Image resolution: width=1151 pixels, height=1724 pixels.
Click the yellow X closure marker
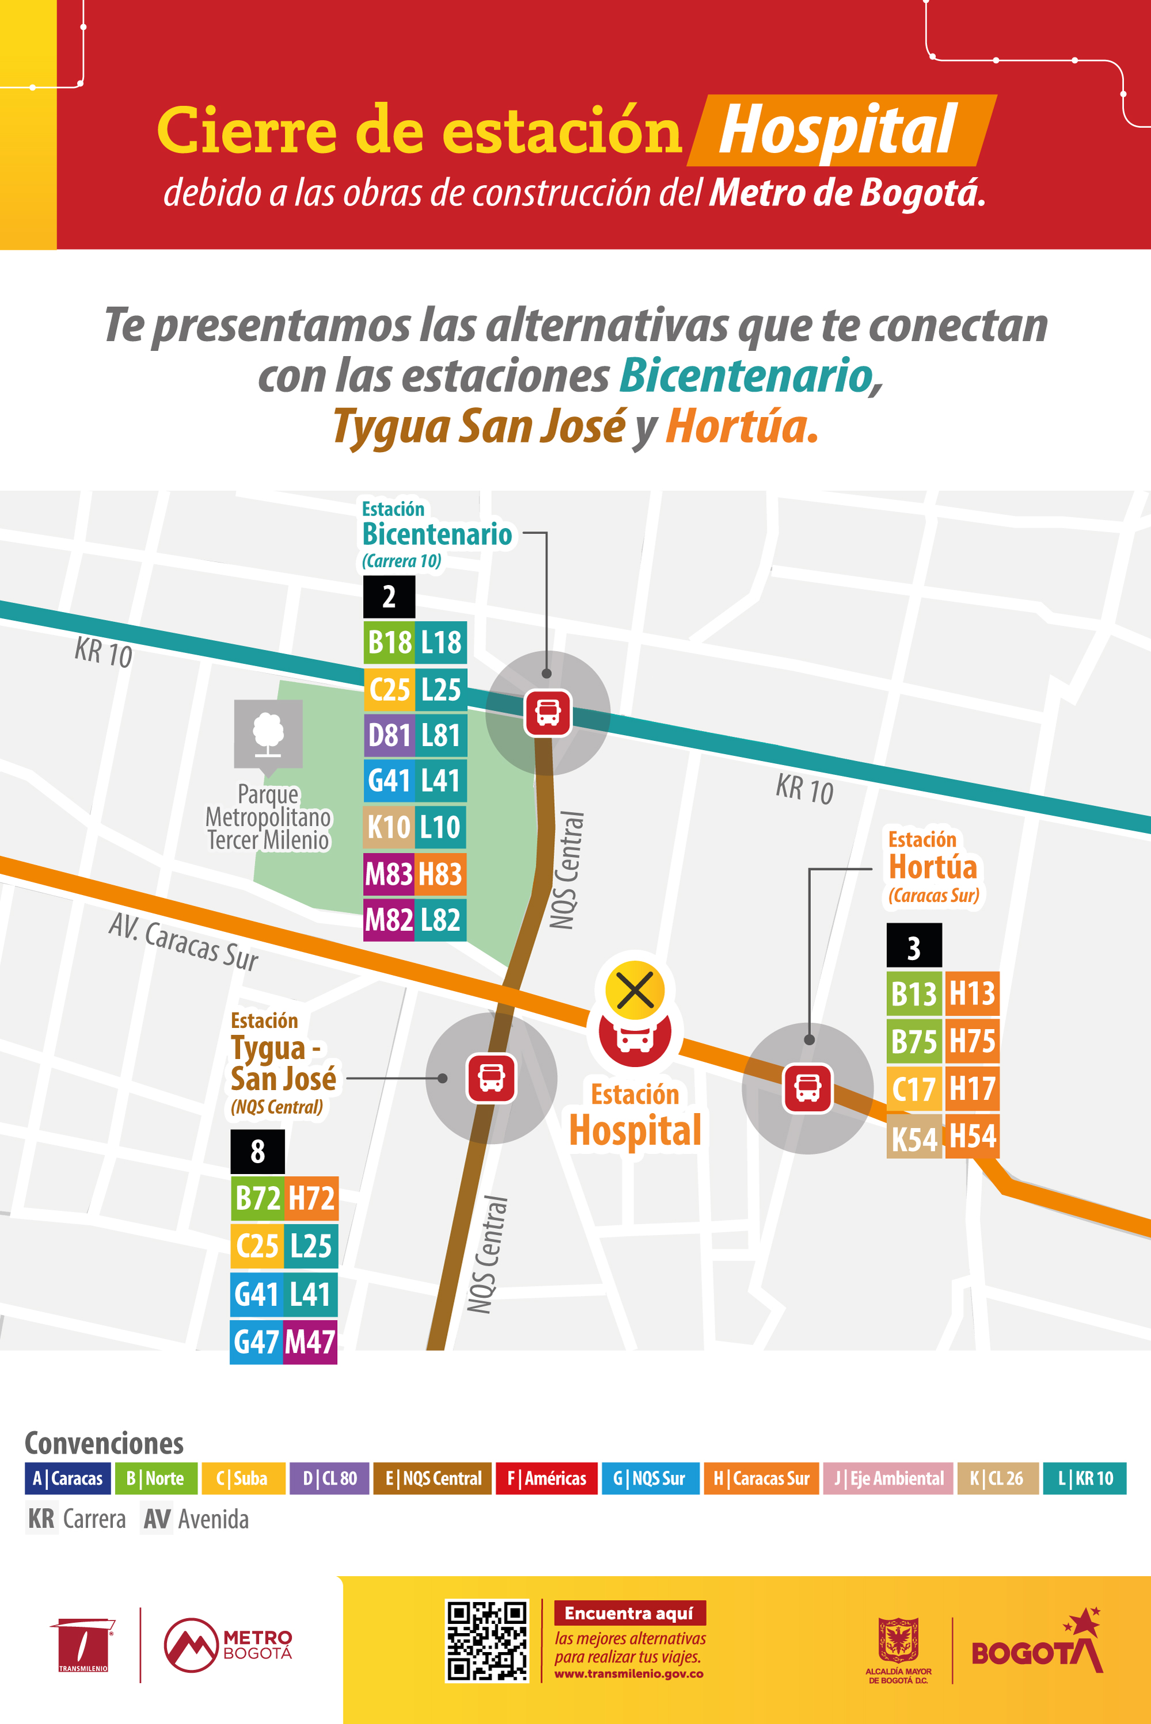pyautogui.click(x=635, y=991)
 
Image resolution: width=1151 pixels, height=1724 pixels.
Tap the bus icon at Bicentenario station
pyautogui.click(x=548, y=712)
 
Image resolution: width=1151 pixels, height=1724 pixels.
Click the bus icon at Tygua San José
pyautogui.click(x=491, y=1077)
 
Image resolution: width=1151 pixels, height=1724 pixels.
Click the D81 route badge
pyautogui.click(x=389, y=735)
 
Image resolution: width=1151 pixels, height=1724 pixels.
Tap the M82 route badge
pyautogui.click(x=389, y=920)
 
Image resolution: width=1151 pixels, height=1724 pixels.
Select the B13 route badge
pyautogui.click(x=914, y=994)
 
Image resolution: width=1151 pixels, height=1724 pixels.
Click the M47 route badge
pyautogui.click(x=311, y=1342)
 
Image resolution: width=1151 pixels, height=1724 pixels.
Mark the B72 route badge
pyautogui.click(x=257, y=1198)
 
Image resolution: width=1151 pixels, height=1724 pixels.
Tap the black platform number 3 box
pyautogui.click(x=914, y=947)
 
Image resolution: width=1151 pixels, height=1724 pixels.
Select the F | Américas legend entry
pyautogui.click(x=547, y=1478)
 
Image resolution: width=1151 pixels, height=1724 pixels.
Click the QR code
pyautogui.click(x=487, y=1641)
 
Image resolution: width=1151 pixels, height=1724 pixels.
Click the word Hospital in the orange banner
pyautogui.click(x=837, y=131)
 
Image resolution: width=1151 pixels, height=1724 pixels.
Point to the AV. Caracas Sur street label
pyautogui.click(x=184, y=942)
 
